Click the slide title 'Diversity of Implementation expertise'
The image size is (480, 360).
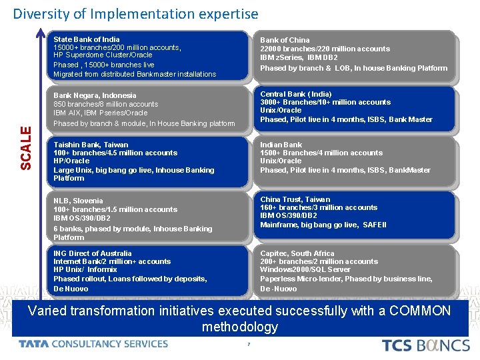coord(135,13)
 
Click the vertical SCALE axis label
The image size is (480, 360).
coord(25,148)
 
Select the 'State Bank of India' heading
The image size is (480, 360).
coord(87,39)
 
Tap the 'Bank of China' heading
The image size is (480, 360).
coord(285,40)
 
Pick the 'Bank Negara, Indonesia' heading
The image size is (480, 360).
coord(95,95)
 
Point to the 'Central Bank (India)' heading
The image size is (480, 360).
coord(295,94)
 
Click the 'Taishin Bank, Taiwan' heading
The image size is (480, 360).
coord(91,145)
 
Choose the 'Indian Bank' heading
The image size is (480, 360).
coord(281,145)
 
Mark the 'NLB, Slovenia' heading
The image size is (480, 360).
coord(78,201)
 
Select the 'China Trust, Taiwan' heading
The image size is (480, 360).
coord(295,199)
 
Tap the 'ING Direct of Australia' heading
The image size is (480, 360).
coord(93,253)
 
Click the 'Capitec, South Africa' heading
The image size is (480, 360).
coord(297,253)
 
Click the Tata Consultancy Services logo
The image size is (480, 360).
coord(93,344)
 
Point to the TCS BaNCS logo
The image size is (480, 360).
coord(425,345)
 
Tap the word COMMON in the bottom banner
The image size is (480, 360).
coord(419,311)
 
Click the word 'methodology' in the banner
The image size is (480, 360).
coord(239,327)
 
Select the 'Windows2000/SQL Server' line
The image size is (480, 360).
coord(305,269)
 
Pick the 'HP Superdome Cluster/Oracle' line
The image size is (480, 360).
coord(103,55)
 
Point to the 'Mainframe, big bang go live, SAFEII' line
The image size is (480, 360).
coord(323,225)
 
